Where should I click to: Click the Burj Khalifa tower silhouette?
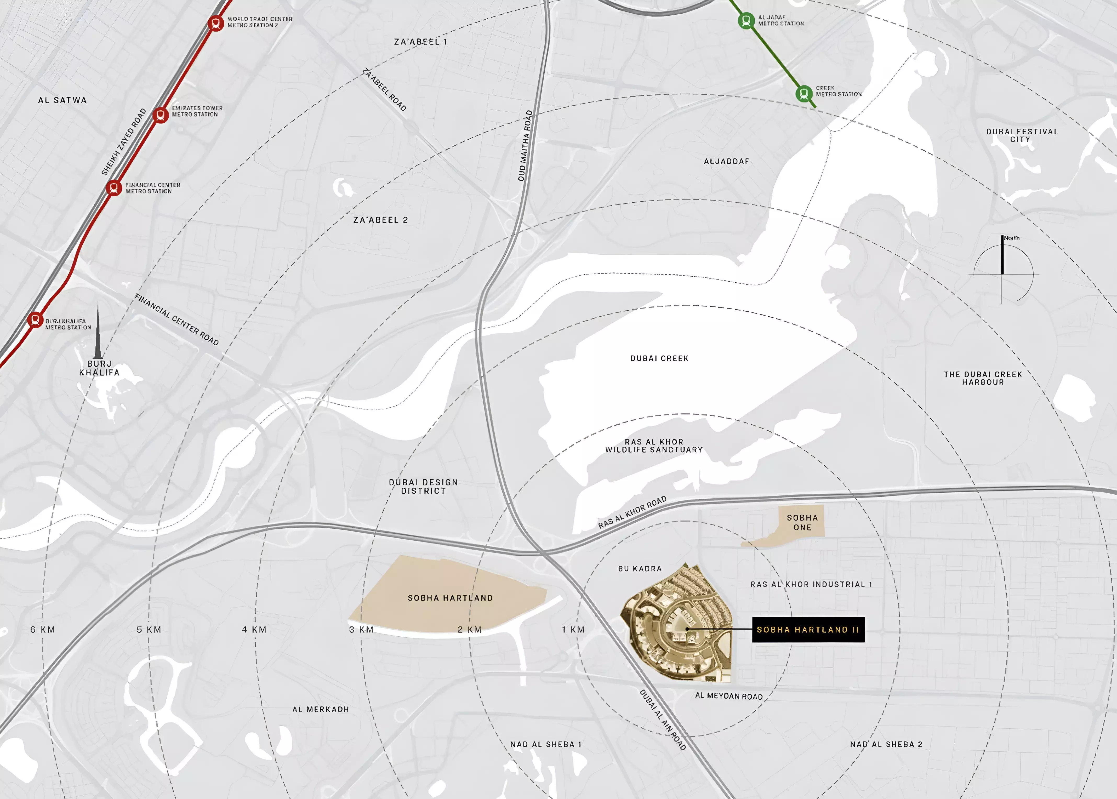pyautogui.click(x=98, y=335)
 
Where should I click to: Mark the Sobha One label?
pyautogui.click(x=802, y=522)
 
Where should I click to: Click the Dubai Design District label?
pyautogui.click(x=423, y=487)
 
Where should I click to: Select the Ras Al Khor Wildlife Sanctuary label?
pyautogui.click(x=654, y=446)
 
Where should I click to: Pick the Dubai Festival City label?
pyautogui.click(x=1022, y=135)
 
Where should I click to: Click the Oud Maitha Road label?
pyautogui.click(x=525, y=146)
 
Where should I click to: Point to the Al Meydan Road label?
pyautogui.click(x=729, y=696)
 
